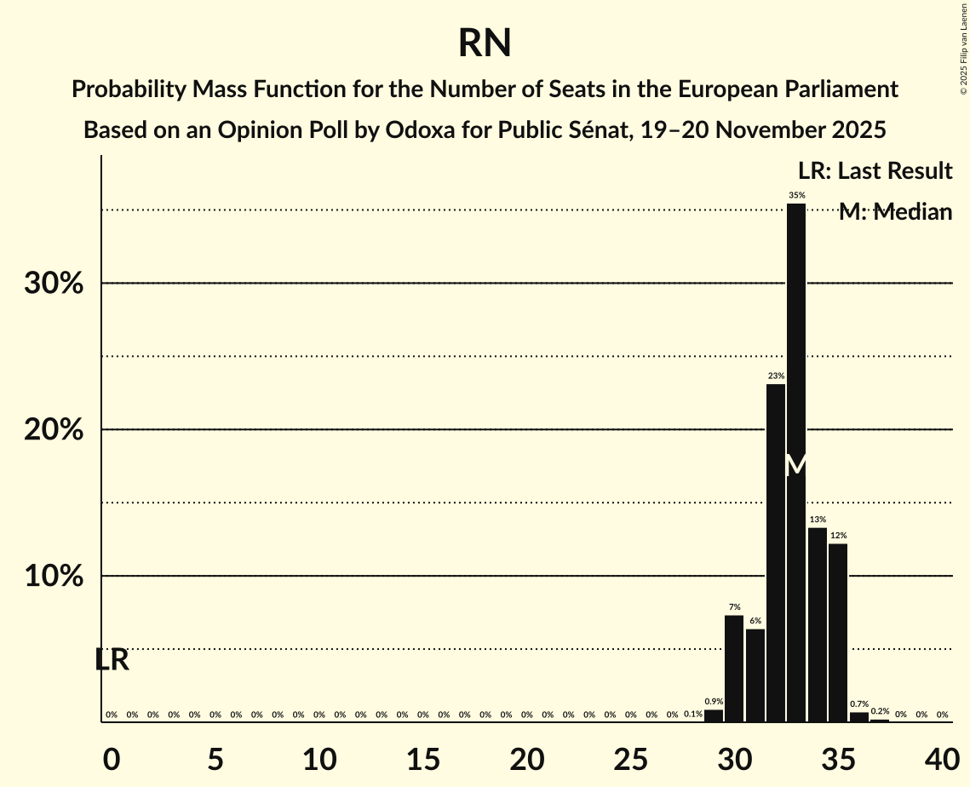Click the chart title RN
484,43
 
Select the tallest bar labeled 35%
796,460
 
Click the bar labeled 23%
776,554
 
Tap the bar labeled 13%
818,626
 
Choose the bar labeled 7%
734,669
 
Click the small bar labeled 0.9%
714,716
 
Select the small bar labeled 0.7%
859,717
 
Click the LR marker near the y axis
112,660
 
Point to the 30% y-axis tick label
54,284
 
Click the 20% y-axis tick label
54,430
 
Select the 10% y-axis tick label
54,577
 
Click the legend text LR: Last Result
875,171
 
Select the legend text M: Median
895,212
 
